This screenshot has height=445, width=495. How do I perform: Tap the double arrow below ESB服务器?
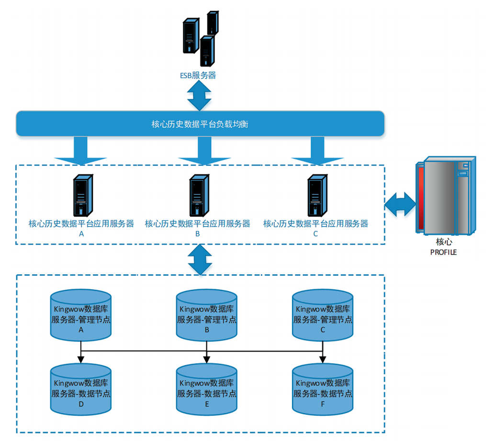coord(199,95)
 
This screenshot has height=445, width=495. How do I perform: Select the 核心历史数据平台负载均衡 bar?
coord(200,124)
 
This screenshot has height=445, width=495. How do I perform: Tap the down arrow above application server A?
coord(80,150)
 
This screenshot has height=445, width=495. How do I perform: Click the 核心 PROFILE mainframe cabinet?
coord(445,196)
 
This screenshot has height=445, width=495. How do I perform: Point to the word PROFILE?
coord(443,252)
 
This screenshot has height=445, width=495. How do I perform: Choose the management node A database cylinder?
coord(81,315)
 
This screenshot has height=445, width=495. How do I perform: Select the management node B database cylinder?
coord(207,315)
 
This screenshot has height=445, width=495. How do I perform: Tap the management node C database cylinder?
coord(323,315)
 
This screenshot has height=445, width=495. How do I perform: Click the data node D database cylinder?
coord(81,389)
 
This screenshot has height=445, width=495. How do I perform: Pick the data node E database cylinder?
coord(207,389)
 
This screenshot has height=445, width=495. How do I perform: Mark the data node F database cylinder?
coord(323,389)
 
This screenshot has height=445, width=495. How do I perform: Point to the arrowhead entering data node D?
coord(81,360)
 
